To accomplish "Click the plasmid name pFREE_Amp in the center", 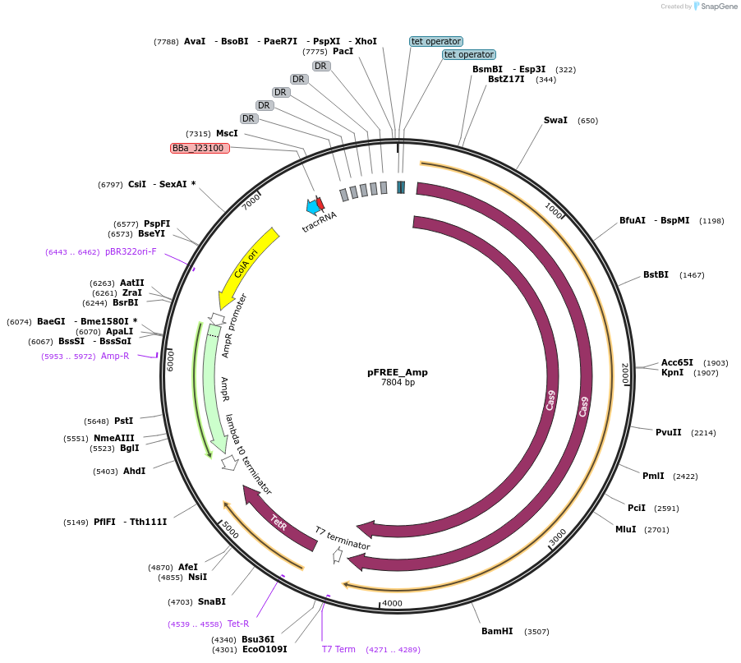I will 397,372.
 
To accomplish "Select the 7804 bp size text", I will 398,382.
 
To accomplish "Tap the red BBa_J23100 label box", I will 200,148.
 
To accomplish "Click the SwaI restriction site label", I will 555,121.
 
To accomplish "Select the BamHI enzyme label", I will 497,631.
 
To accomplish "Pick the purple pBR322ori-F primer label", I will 131,251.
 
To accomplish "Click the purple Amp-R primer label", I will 115,356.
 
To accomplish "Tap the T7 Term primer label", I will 338,649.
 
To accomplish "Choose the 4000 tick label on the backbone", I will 393,603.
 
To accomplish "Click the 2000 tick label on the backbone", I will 625,373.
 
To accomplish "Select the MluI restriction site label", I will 626,530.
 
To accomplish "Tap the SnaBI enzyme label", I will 212,601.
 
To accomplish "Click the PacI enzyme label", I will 343,52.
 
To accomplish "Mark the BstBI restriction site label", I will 656,274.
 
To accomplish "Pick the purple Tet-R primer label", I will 238,624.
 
